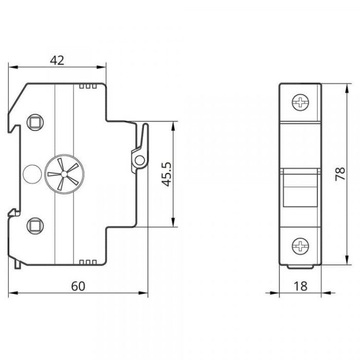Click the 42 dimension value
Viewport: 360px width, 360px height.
coord(57,60)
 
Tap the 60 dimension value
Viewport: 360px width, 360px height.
coord(78,286)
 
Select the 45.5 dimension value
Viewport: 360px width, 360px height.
coord(166,174)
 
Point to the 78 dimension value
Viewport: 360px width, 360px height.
coord(340,174)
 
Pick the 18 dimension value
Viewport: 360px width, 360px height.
coord(300,286)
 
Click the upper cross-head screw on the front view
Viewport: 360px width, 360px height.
coord(300,102)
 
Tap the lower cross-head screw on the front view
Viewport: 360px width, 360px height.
coord(300,246)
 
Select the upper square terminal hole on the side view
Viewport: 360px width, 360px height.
coord(35,122)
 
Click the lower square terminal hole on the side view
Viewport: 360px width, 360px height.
coord(35,226)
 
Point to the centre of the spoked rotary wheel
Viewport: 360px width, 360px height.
coord(64,174)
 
